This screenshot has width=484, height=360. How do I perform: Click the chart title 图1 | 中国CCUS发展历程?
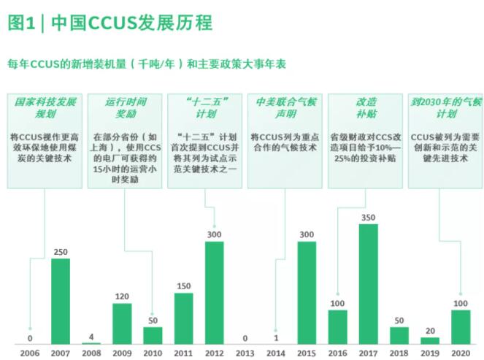pos(110,23)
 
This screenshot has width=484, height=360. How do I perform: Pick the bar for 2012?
pos(215,292)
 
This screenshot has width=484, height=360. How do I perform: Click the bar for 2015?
pos(307,292)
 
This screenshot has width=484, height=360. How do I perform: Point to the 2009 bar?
pos(122,323)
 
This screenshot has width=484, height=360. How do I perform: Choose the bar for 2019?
pos(431,340)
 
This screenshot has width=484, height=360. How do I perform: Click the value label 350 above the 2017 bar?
pos(369,218)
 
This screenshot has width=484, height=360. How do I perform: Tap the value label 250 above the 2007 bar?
pos(61,253)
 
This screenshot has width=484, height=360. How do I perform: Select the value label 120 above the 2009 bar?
pos(122,297)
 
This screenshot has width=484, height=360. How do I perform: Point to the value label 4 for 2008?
pos(91,337)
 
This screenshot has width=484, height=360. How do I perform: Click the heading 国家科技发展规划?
pos(46,107)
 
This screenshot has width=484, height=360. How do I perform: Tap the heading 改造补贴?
pos(366,107)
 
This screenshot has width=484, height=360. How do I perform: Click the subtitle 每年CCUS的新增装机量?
pos(146,64)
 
